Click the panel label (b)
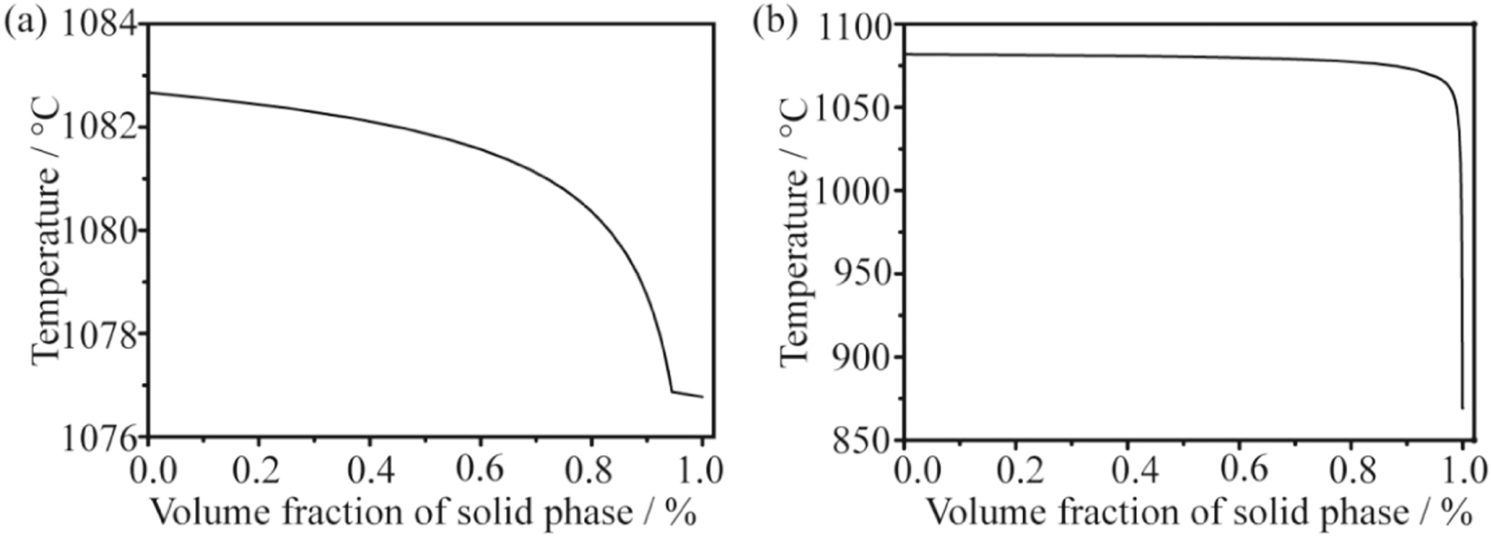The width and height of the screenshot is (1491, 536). point(774,23)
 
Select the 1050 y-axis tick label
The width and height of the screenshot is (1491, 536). point(856,109)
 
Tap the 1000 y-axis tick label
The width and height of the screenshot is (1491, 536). point(856,192)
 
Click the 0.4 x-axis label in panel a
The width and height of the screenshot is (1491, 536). point(370,469)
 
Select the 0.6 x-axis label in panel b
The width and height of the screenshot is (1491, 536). point(1240,469)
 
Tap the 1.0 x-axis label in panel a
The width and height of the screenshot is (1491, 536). point(700,469)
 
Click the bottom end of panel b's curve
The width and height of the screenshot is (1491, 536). point(1462,407)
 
